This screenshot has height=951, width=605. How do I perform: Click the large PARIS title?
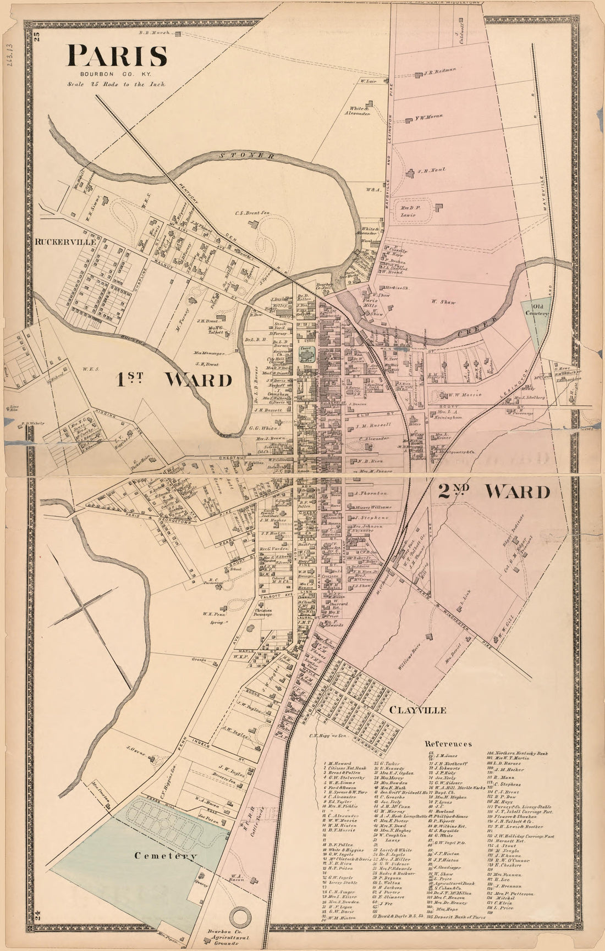117,56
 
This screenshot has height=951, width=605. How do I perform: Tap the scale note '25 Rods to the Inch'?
116,85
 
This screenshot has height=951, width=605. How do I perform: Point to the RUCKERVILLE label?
65,241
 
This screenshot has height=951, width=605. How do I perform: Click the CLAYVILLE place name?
417,710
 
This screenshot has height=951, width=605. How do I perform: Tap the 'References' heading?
449,744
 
